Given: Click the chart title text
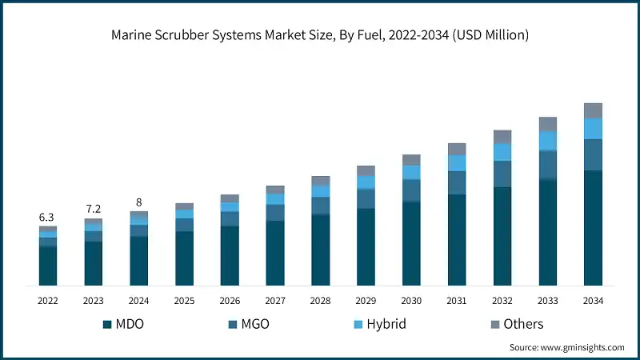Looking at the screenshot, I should coord(320,35).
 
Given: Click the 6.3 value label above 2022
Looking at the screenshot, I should coord(47,218).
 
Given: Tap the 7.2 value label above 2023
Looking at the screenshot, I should coord(93,209).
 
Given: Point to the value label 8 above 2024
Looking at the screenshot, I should coord(138,202).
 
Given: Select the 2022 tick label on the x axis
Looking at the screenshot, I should coord(47,301).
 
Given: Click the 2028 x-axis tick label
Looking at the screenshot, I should coord(320,301).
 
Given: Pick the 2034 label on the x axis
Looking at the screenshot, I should coord(593,301).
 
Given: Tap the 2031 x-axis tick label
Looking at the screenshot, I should coord(457,301).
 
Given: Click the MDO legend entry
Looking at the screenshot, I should coord(127,324).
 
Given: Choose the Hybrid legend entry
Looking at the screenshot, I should coord(380,324).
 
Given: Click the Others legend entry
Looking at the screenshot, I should coord(516,324).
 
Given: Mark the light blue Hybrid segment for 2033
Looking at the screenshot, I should coord(547,141).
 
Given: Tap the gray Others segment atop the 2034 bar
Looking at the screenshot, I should coord(593,110).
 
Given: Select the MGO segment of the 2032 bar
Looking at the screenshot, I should coord(502,174).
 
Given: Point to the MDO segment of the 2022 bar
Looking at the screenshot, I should coord(47,266).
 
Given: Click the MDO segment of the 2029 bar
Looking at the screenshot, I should coord(366,246).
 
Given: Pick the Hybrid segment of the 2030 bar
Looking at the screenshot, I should coord(411,172).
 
